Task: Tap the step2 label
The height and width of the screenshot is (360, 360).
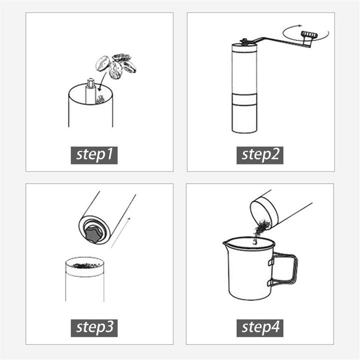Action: tap(260, 155)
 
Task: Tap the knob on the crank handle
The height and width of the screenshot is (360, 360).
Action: tap(308, 35)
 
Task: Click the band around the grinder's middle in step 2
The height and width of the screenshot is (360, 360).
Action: tap(244, 99)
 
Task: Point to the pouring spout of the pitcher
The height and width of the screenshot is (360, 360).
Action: tap(226, 245)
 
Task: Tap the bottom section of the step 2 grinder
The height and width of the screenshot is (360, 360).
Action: tap(244, 118)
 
